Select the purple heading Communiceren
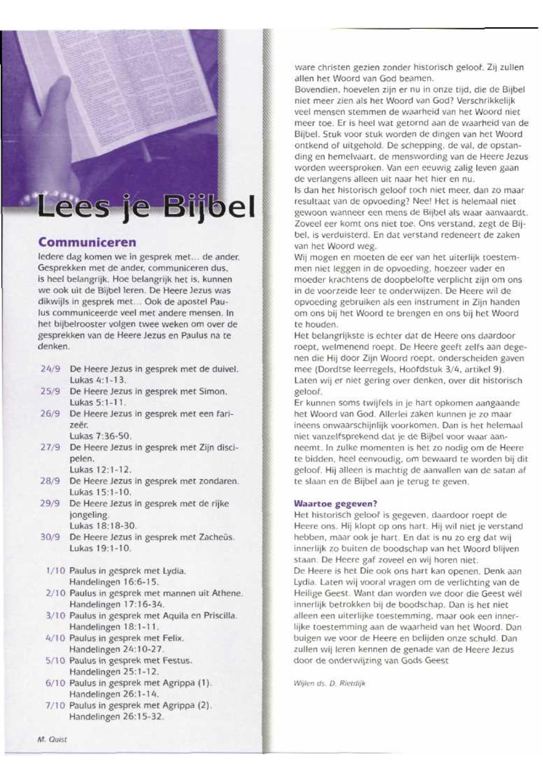coord(87,242)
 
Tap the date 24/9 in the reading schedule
coord(51,369)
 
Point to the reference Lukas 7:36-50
coord(100,436)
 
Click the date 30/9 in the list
coord(51,537)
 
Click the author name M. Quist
coord(52,739)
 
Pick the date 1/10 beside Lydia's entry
coord(55,571)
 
